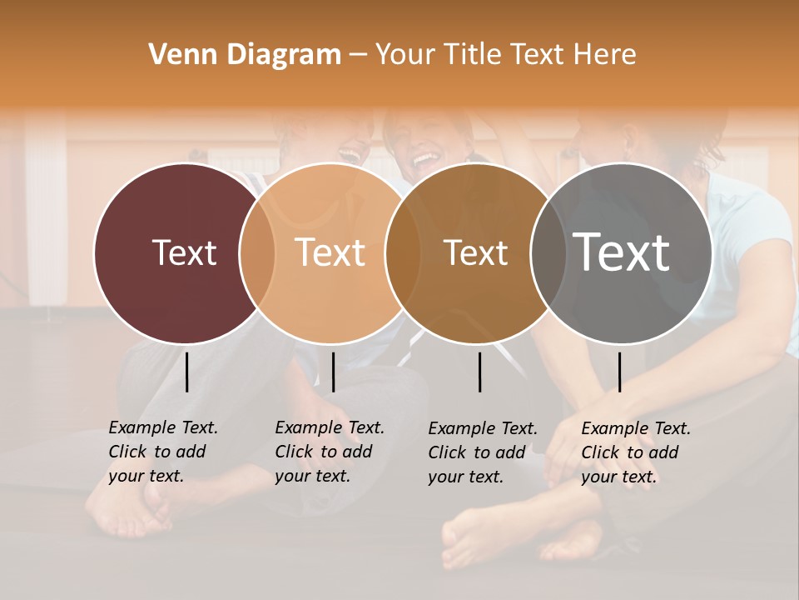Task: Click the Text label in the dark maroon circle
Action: point(184,252)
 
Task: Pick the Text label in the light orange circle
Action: point(330,252)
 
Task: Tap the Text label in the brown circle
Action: point(476,252)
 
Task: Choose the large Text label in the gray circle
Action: point(621,252)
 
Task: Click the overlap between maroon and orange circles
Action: point(257,253)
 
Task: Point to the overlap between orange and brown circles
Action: point(403,253)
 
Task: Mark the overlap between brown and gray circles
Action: point(548,253)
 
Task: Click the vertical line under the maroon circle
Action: point(187,372)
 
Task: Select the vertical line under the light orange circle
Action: point(333,372)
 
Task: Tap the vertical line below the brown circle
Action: point(480,372)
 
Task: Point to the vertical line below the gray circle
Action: point(619,372)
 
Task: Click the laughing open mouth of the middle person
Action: point(425,157)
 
